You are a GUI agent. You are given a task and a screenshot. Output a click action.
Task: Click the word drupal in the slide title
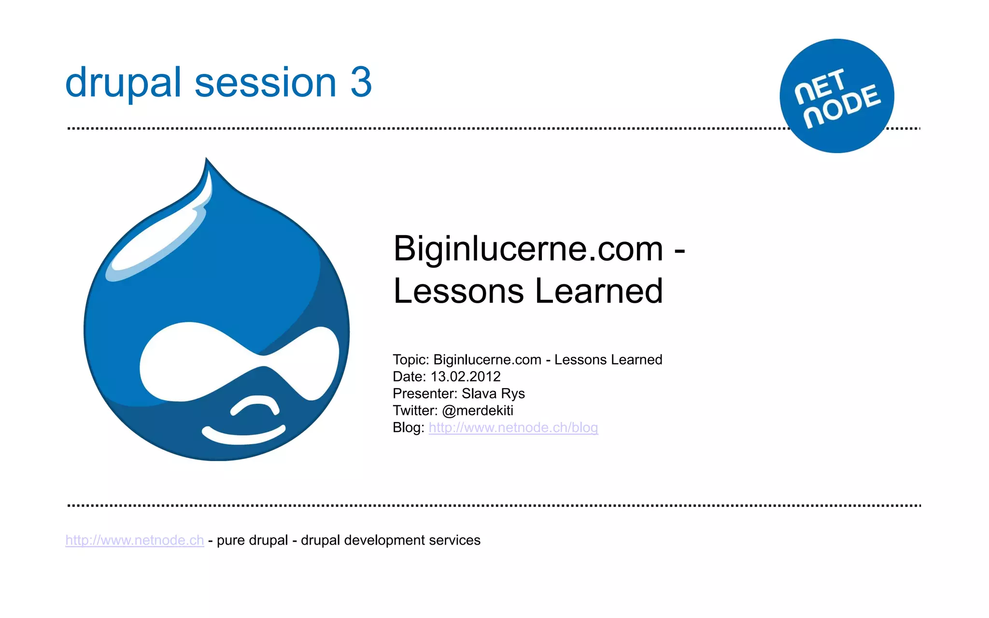pos(123,83)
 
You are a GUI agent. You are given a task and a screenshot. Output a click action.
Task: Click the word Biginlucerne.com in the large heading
pos(528,249)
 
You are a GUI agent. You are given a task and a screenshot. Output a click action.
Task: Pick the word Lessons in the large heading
pos(458,291)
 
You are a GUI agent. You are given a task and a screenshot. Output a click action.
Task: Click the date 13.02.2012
pos(465,377)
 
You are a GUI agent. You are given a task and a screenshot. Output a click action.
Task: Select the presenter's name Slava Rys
pos(493,393)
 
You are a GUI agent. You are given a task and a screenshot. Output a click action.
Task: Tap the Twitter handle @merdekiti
pos(477,410)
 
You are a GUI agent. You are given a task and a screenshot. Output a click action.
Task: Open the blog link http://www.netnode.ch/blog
pos(513,428)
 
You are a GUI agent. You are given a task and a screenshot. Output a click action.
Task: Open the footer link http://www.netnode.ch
pos(135,540)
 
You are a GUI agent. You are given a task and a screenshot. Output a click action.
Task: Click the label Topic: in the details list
pos(410,360)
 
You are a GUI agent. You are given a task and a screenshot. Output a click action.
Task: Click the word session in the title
pos(265,83)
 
